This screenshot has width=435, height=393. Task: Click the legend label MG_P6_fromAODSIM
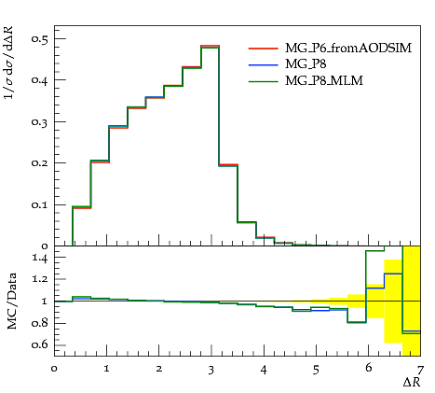[x=348, y=49]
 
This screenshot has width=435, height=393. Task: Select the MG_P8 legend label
[x=306, y=64]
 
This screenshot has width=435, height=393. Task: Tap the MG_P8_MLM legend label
[x=324, y=81]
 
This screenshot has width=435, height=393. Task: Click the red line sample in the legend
[x=264, y=49]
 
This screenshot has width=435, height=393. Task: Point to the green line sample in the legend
[x=264, y=81]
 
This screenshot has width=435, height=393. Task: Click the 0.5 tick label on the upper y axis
[x=40, y=39]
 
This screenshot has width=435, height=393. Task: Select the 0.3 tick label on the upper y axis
[x=40, y=121]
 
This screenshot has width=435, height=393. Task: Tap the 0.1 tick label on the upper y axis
[x=40, y=204]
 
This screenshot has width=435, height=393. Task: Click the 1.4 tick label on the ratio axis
[x=40, y=259]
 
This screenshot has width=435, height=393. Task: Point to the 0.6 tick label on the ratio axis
[x=40, y=344]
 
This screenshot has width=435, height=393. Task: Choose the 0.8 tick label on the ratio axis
[x=40, y=323]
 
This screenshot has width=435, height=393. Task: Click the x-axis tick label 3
[x=211, y=371]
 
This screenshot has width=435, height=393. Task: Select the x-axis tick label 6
[x=369, y=368]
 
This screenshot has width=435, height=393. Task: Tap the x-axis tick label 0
[x=54, y=369]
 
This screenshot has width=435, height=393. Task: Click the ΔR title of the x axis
[x=412, y=383]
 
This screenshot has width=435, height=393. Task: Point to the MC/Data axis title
[x=12, y=302]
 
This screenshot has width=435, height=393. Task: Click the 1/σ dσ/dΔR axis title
[x=9, y=63]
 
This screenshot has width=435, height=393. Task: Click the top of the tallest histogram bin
[x=211, y=46]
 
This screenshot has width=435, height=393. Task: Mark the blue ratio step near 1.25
[x=393, y=274]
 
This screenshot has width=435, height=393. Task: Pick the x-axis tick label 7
[x=420, y=371]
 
